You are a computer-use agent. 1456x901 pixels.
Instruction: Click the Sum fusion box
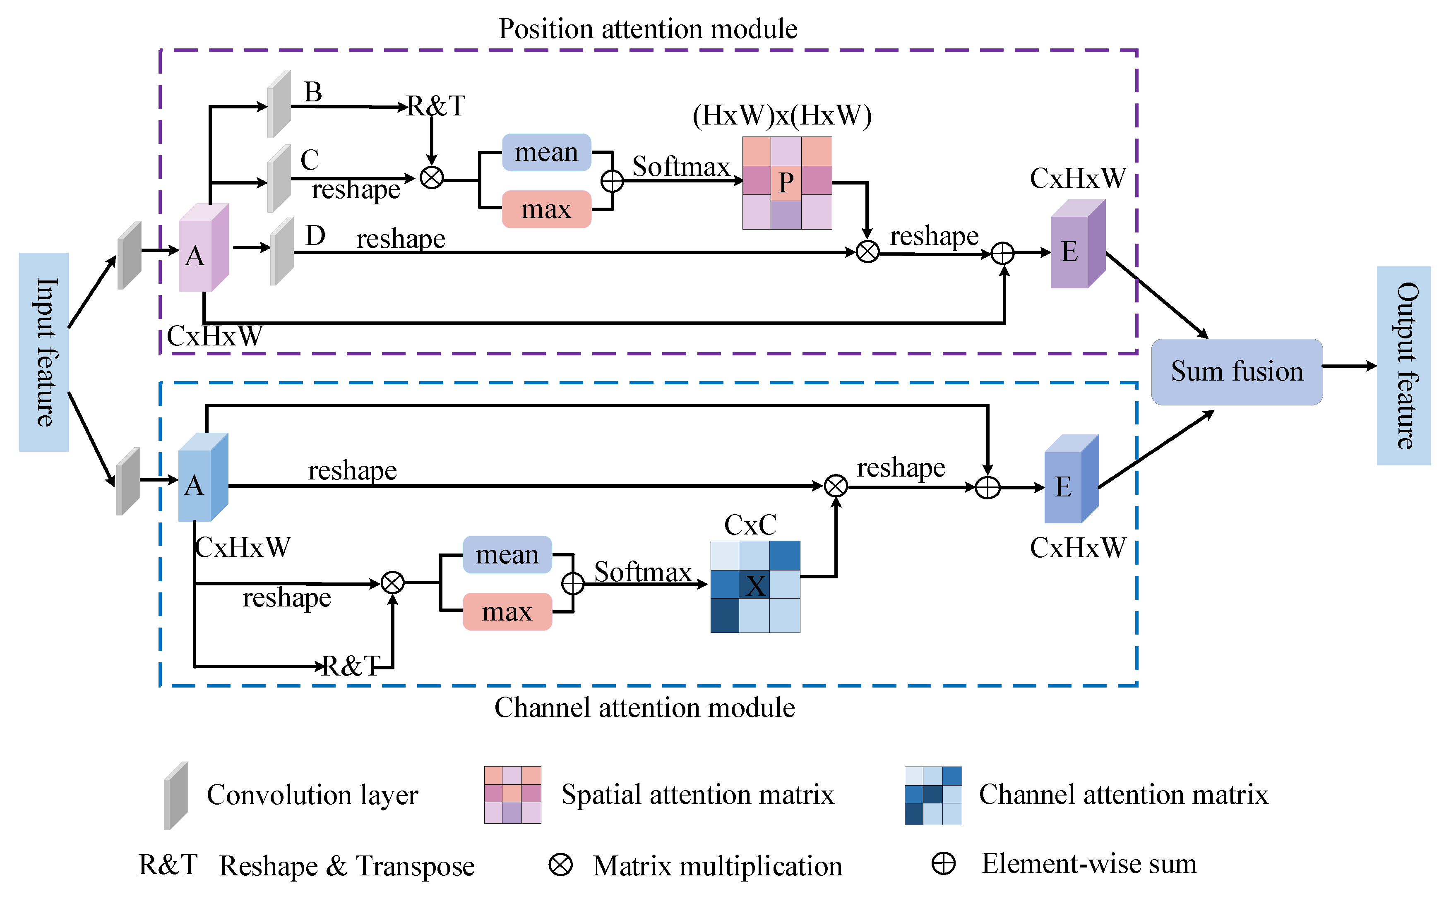(x=1236, y=372)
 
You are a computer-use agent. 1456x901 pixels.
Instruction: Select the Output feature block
(x=1403, y=365)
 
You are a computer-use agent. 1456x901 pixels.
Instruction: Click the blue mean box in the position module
(x=546, y=153)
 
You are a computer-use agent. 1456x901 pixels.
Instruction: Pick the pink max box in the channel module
(x=507, y=611)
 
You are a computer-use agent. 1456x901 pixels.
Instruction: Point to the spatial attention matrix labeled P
(x=787, y=182)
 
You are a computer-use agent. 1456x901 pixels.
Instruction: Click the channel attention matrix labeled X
(x=755, y=586)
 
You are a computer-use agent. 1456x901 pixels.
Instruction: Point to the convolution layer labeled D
(x=281, y=252)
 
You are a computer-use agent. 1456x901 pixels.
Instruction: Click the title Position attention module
(x=647, y=29)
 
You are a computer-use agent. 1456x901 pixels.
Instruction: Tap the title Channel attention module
(x=644, y=707)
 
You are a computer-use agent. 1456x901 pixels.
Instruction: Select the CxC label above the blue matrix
(x=750, y=525)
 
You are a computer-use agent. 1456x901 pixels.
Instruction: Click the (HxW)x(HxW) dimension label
(x=781, y=115)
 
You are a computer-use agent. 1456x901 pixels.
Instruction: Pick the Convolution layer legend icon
(x=176, y=796)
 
